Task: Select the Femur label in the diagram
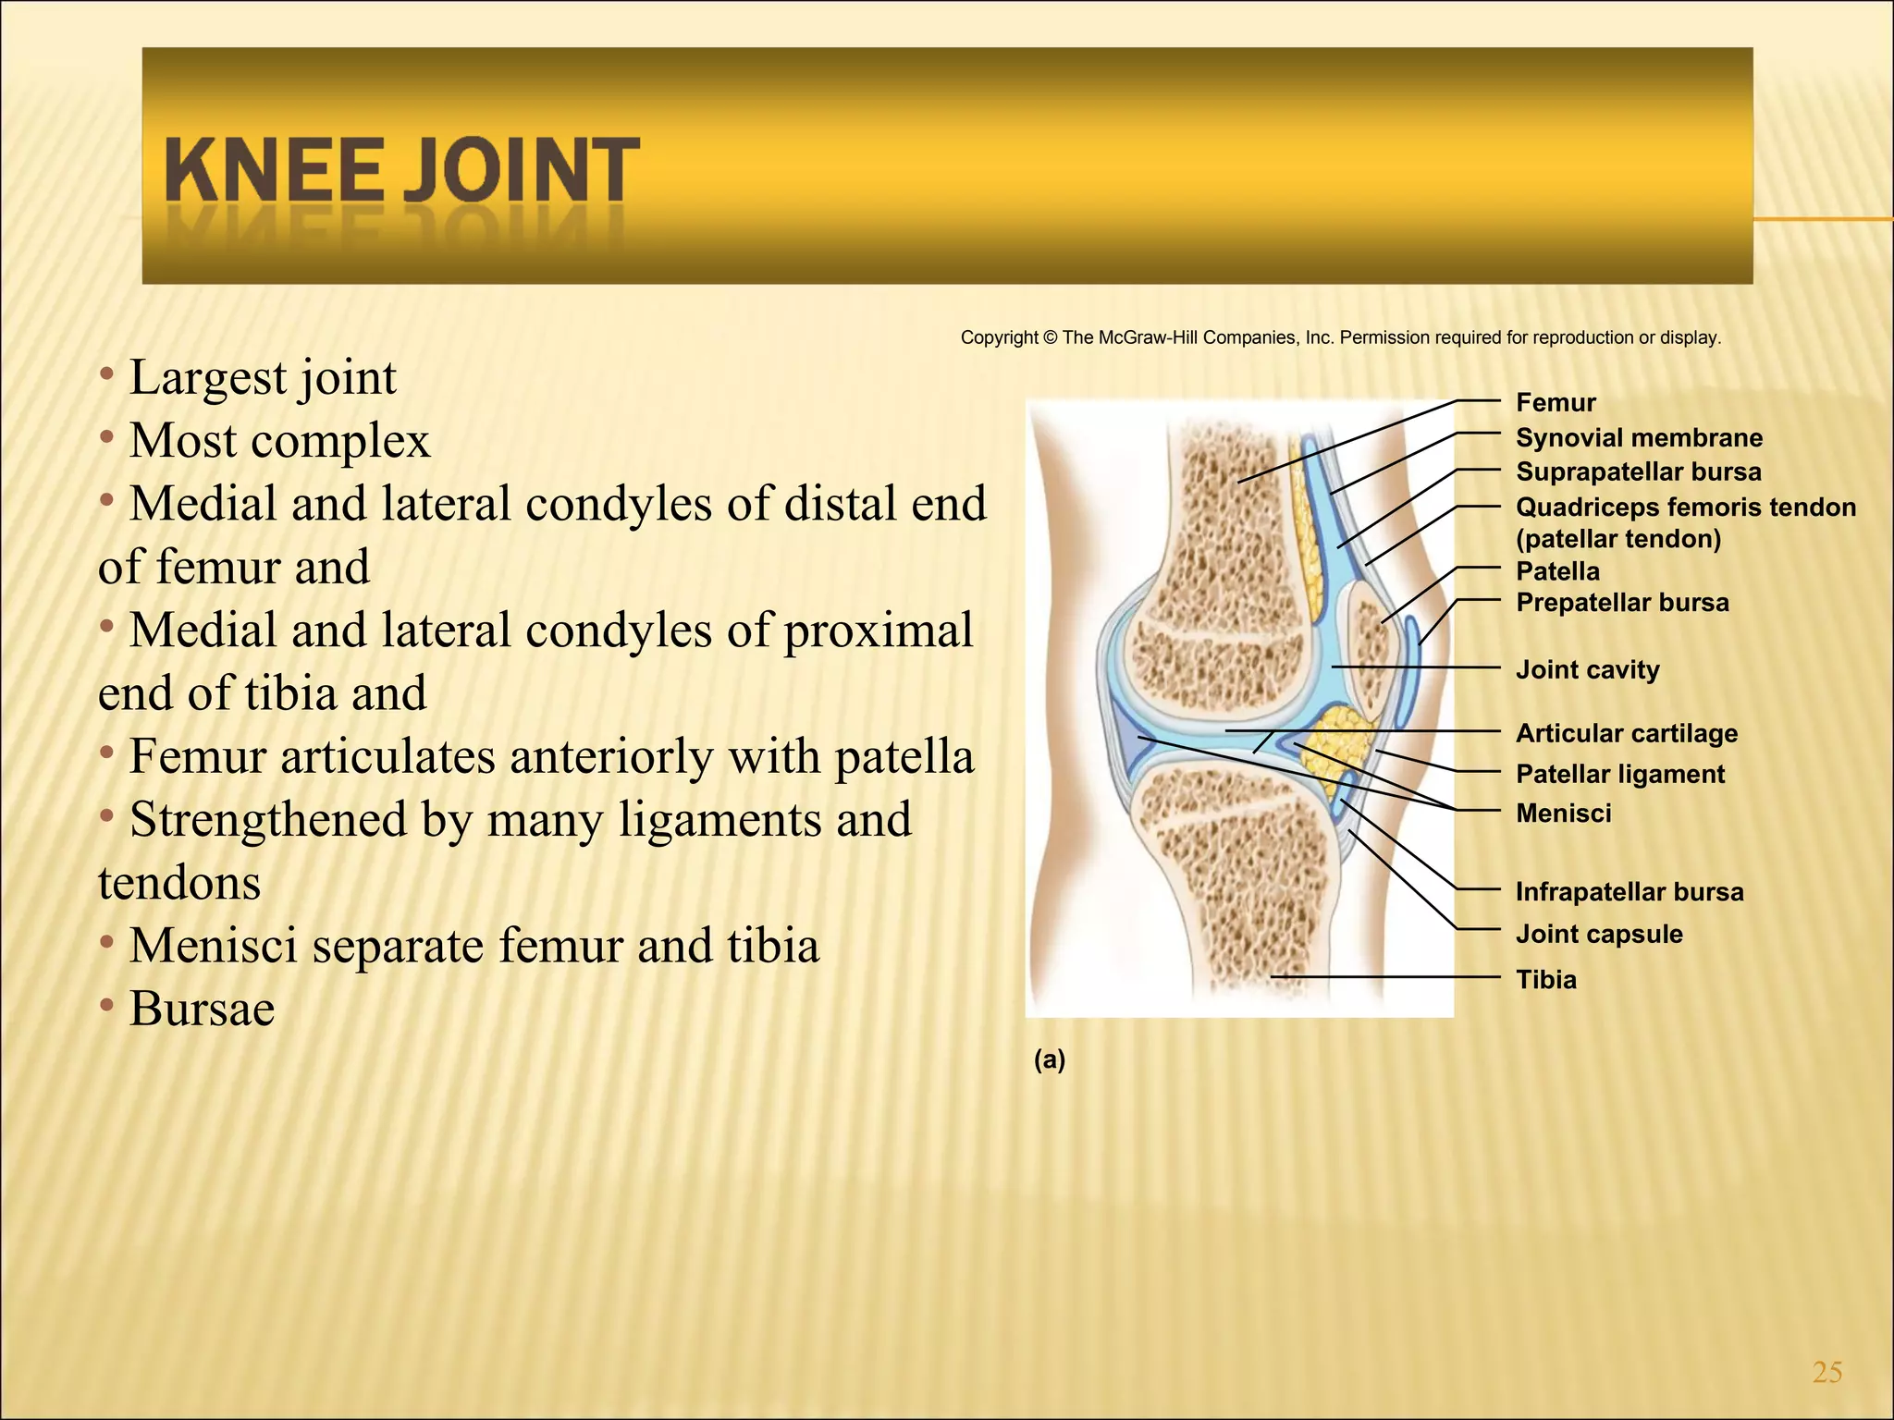point(1556,403)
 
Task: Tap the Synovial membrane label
point(1639,438)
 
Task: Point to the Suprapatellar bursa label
point(1638,472)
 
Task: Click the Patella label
point(1557,571)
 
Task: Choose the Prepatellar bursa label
point(1622,603)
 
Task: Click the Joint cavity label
point(1587,669)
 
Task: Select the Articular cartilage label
point(1626,734)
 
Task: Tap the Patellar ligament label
point(1619,775)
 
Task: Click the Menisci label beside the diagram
point(1563,814)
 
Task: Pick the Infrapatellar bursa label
point(1630,892)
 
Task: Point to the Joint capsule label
point(1598,934)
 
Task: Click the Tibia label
point(1545,980)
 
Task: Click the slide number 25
point(1827,1372)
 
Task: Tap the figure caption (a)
point(1050,1059)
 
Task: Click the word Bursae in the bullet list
point(202,1009)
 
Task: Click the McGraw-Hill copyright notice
point(1340,337)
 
